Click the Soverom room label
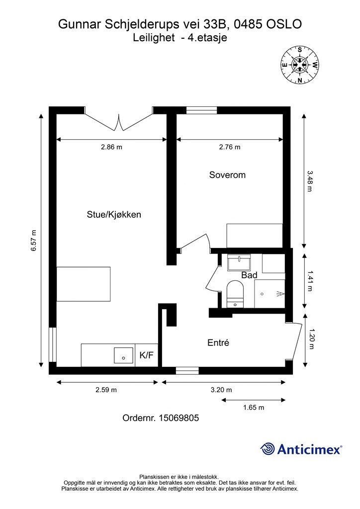coord(227,175)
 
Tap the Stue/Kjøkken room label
coord(114,215)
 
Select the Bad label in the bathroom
coord(249,275)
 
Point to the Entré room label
coord(218,342)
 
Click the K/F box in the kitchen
coord(146,355)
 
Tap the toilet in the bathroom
coord(234,293)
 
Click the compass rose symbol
coord(300,65)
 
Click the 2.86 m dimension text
coord(111,147)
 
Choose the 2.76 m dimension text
coord(230,147)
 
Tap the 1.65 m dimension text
coord(254,408)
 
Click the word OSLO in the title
coord(283,23)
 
